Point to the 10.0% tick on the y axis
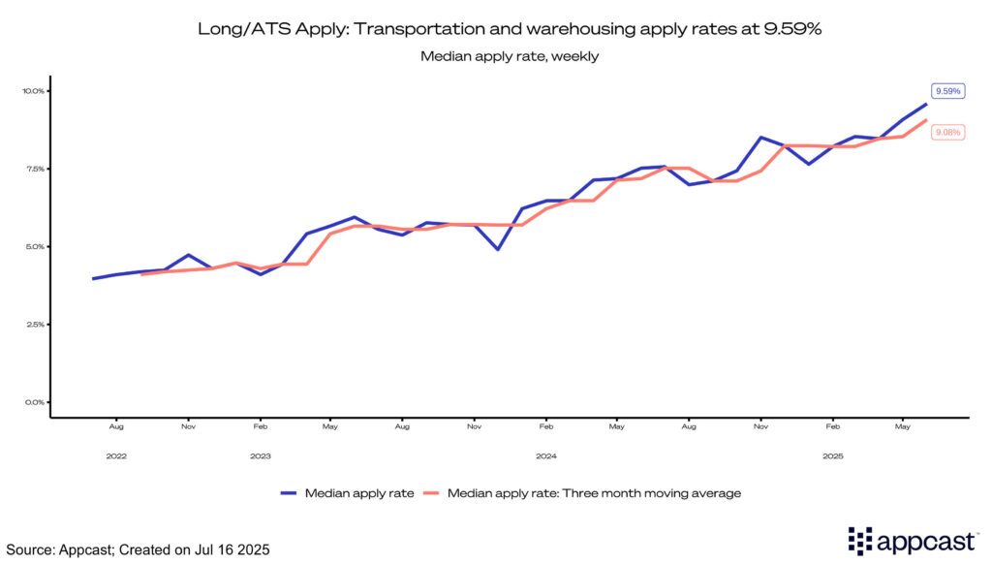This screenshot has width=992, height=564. pyautogui.click(x=34, y=91)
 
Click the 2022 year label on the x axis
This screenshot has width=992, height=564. pyautogui.click(x=116, y=454)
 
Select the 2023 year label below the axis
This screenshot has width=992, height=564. pyautogui.click(x=261, y=454)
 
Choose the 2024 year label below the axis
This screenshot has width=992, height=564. pyautogui.click(x=545, y=454)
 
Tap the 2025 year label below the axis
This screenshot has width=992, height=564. pyautogui.click(x=831, y=454)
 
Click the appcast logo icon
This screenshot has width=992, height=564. pyautogui.click(x=860, y=541)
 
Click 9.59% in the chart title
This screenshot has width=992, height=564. pyautogui.click(x=789, y=29)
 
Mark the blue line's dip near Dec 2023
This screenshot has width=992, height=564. pyautogui.click(x=498, y=249)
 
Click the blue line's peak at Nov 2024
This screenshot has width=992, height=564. pyautogui.click(x=761, y=138)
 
